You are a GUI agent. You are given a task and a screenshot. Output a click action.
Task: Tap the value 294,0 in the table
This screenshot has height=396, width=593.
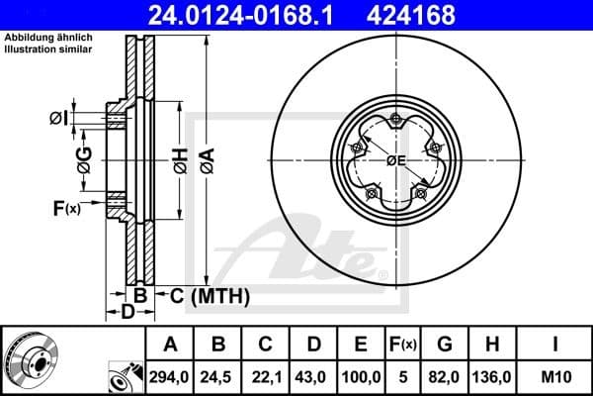170,376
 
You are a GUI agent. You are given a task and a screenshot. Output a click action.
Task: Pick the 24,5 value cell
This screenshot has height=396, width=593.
219,376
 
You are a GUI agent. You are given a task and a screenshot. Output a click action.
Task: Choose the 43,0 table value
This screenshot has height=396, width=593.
314,376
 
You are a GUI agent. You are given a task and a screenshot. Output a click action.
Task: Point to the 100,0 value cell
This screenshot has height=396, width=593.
362,376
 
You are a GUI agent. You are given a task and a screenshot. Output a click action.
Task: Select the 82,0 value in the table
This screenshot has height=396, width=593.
446,376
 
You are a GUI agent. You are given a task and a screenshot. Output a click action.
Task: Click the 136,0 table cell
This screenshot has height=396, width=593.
492,376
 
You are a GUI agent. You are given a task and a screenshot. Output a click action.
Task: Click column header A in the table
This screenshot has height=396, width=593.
170,345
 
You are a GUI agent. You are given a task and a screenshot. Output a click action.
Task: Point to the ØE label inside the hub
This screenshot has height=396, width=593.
396,161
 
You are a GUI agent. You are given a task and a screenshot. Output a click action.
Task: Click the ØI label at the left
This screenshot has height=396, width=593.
57,120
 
